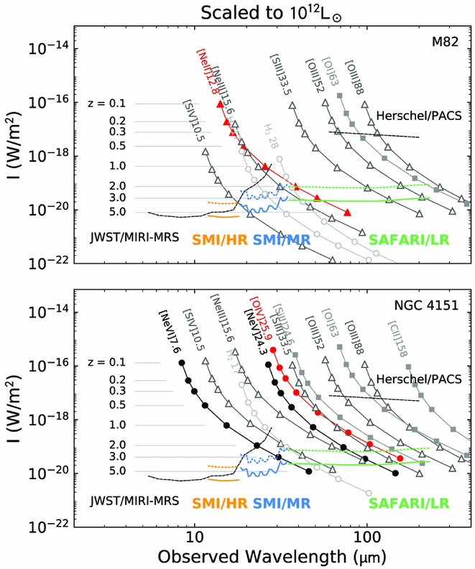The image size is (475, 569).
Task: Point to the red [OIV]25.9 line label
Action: (x=259, y=320)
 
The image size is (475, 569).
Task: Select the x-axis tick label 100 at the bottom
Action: (x=366, y=535)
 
